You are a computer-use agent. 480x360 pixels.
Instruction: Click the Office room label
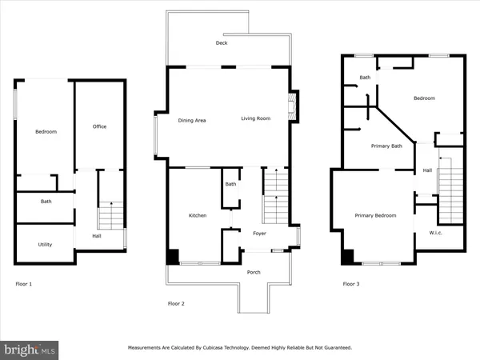(99, 126)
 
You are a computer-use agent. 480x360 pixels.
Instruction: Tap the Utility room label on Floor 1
(46, 244)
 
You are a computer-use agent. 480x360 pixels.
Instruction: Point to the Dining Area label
(192, 120)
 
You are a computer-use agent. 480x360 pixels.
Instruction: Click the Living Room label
(257, 119)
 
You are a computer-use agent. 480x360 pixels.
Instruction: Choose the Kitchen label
(198, 216)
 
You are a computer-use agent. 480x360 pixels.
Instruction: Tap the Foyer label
(260, 235)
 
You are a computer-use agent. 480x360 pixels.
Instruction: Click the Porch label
(254, 272)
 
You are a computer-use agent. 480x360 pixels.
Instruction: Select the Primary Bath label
(385, 146)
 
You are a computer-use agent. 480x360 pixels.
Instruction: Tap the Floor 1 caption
(25, 284)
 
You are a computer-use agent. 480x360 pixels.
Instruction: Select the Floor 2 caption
(176, 303)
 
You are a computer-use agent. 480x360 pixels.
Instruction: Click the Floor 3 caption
(351, 284)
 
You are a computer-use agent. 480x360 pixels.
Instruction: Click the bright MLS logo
(30, 349)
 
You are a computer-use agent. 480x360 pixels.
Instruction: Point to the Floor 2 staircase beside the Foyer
(275, 200)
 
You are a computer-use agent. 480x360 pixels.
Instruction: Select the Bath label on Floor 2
(230, 185)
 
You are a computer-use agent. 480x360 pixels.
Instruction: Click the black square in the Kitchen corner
(172, 257)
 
